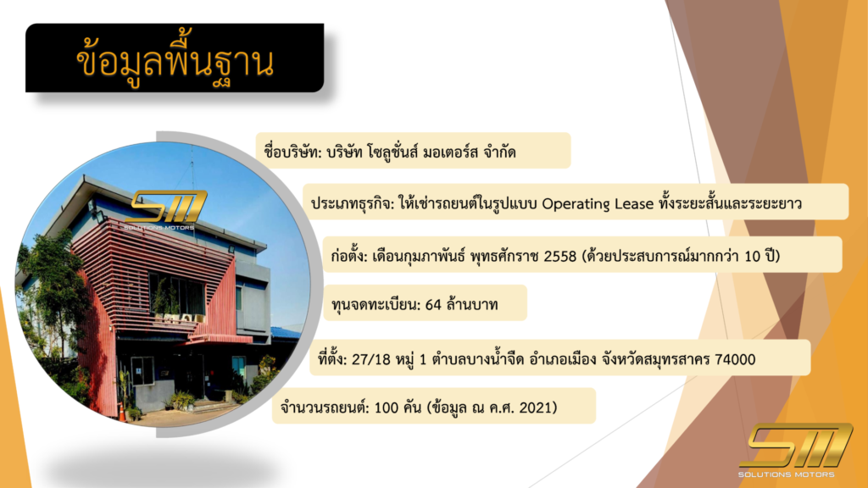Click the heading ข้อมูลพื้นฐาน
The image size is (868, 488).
175,61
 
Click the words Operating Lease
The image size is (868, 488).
598,203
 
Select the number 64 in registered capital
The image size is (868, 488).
433,304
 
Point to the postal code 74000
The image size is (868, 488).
735,359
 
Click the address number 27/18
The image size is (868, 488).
371,359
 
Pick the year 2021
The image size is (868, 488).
535,408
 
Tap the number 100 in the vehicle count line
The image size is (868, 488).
387,408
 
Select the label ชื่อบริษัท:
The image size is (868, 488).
292,151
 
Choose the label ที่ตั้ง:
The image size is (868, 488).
332,359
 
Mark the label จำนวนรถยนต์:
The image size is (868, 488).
325,408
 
